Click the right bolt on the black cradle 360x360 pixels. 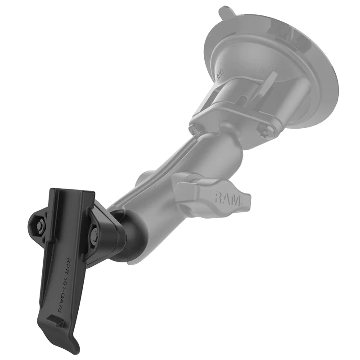[95, 235]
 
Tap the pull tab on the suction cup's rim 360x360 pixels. [224, 11]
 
